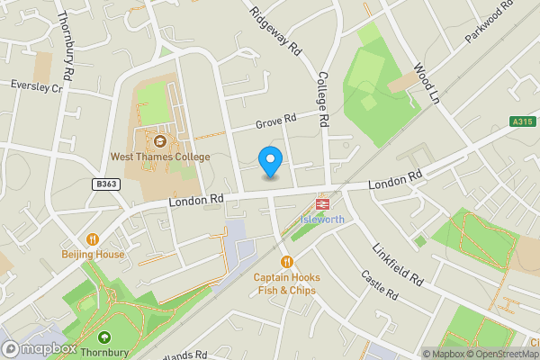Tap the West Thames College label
pyautogui.click(x=160, y=157)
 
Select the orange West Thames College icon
pyautogui.click(x=160, y=140)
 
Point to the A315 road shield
pyautogui.click(x=522, y=121)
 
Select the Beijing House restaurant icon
pyautogui.click(x=93, y=238)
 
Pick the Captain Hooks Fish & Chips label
pyautogui.click(x=286, y=283)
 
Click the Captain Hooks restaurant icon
pyautogui.click(x=286, y=261)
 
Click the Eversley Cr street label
pyautogui.click(x=36, y=87)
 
